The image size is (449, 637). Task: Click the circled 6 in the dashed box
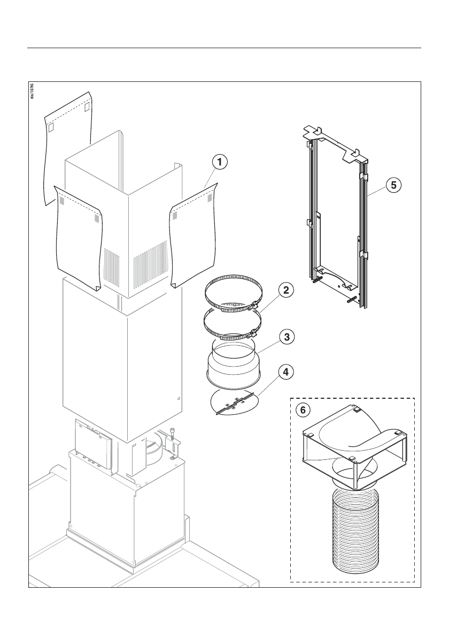point(303,410)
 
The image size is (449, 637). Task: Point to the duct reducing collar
point(233,364)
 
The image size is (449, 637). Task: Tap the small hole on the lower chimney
point(178,398)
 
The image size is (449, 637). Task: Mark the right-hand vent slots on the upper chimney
point(151,265)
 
